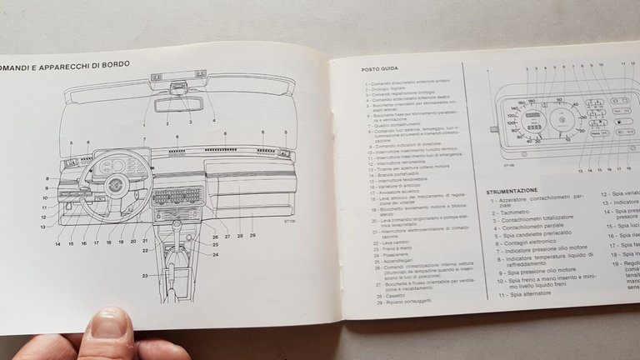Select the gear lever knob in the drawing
click(x=177, y=250)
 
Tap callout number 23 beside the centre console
click(x=144, y=274)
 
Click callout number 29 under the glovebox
click(x=252, y=236)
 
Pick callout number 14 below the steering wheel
click(x=58, y=243)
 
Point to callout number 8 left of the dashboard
click(x=47, y=178)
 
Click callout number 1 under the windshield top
click(x=143, y=124)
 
